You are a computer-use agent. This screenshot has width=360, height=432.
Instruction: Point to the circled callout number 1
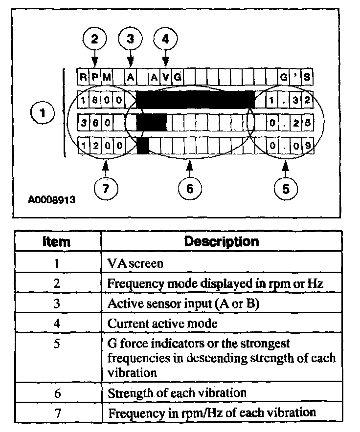coord(45,114)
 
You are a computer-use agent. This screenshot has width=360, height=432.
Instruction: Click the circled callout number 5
coord(286,188)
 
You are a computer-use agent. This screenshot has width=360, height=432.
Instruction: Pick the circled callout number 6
coord(189,188)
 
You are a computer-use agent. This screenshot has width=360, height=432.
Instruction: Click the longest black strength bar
coord(195,100)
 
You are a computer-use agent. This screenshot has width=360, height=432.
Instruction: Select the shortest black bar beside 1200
coord(143,145)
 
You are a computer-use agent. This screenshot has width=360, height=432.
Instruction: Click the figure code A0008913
coord(51,200)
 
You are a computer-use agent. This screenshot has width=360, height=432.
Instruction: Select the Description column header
coord(221,241)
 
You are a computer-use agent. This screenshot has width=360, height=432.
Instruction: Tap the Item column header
coord(57,241)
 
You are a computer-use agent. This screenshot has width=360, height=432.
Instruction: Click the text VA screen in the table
coord(135,263)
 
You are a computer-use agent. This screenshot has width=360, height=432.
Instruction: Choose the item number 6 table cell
coord(57,392)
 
